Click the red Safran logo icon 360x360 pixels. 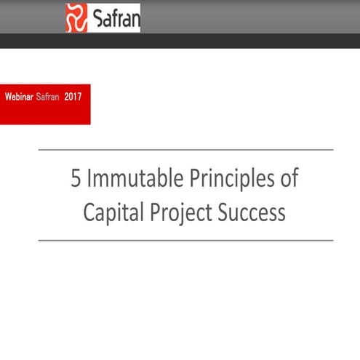pos(76,17)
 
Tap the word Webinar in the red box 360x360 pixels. pos(19,96)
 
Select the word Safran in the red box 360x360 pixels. pos(47,96)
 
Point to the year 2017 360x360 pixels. pos(73,96)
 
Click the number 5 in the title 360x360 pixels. pos(76,179)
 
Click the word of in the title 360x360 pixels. pos(289,179)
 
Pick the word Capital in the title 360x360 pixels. pos(111,212)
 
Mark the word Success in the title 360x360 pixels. pos(249,212)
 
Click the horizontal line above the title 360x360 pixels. pos(185,150)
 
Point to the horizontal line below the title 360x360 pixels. pos(185,240)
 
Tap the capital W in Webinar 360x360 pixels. pos(8,96)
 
